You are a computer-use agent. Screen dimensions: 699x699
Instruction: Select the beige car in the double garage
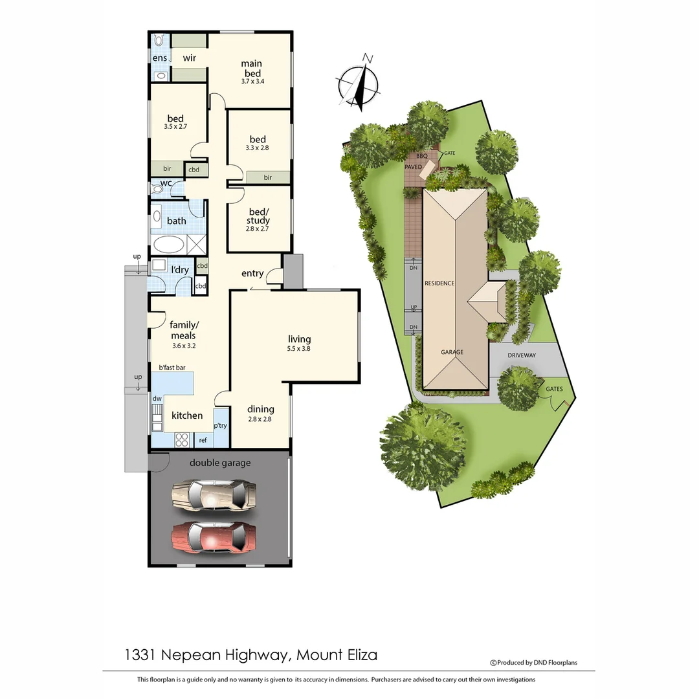[x=214, y=495]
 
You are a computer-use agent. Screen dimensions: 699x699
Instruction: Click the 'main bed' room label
[x=251, y=69]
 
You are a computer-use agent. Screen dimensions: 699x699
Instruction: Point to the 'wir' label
[x=190, y=58]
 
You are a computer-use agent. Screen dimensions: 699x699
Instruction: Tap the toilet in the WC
[x=157, y=189]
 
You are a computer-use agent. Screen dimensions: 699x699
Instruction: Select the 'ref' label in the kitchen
[x=203, y=440]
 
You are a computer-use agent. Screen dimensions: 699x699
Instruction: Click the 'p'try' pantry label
[x=221, y=427]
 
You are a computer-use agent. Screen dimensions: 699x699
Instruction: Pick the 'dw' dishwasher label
[x=157, y=399]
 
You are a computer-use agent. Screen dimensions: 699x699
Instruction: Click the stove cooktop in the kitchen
[x=182, y=439]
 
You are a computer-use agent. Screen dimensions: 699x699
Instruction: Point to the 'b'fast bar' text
[x=172, y=368]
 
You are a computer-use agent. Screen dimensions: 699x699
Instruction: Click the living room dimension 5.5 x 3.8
[x=300, y=349]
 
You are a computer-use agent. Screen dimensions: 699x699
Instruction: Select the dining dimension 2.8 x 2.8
[x=260, y=419]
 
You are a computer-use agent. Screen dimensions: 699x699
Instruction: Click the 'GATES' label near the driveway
[x=554, y=389]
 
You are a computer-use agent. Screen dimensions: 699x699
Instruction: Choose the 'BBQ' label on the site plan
[x=422, y=157]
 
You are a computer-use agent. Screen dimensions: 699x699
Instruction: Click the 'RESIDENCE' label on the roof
[x=439, y=283]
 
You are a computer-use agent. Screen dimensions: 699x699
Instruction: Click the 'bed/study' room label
[x=258, y=216]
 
